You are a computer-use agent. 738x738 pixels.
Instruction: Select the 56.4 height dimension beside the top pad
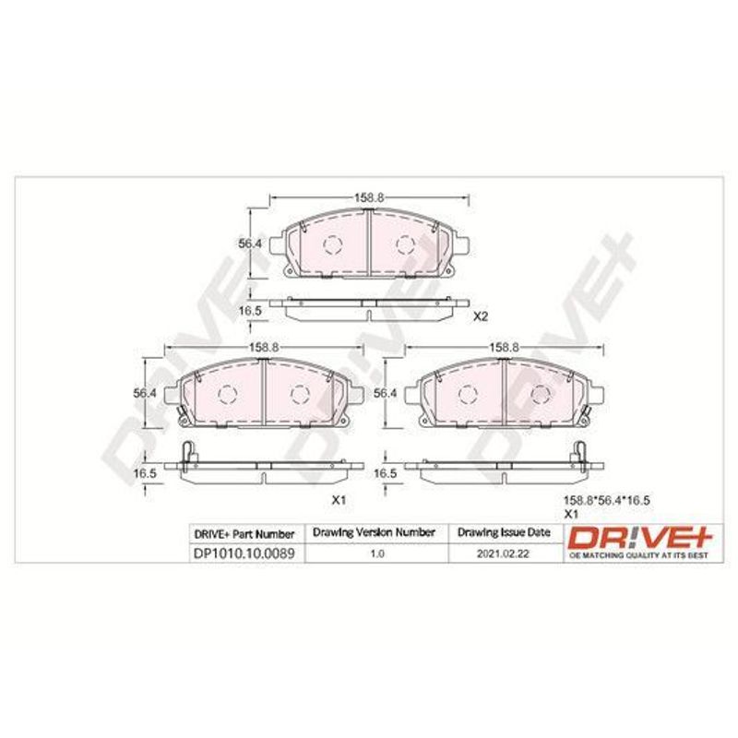click(250, 244)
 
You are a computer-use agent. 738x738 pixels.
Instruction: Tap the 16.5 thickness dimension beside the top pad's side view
click(250, 311)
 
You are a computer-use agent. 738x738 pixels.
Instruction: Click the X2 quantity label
click(481, 316)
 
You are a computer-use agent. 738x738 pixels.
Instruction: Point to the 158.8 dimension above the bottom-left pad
click(264, 348)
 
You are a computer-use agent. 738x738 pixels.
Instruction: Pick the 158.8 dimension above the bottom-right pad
click(504, 348)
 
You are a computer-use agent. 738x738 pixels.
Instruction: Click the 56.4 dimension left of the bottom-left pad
click(145, 393)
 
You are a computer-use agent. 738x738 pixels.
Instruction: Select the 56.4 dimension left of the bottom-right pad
click(385, 393)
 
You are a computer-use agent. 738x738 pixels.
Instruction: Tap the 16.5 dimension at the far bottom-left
click(145, 473)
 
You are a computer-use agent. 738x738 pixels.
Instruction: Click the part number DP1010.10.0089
click(244, 553)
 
